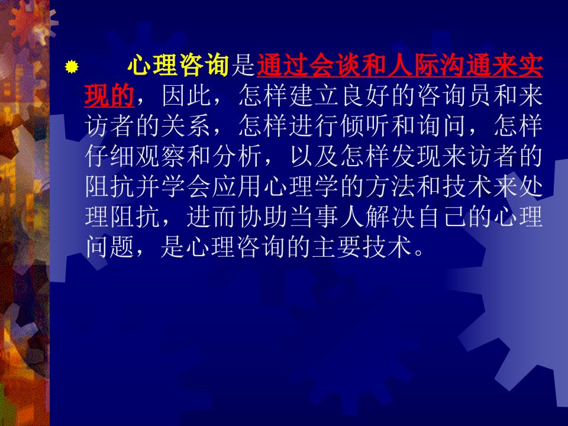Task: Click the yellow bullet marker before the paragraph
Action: coord(72,67)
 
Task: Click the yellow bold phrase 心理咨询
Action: coord(178,66)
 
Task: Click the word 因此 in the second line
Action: coord(187,96)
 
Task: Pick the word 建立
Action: coord(314,96)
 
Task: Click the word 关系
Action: coord(186,126)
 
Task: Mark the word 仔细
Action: coord(110,156)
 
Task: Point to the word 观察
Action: coord(161,156)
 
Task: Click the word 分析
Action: coord(237,156)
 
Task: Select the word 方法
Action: coord(390,187)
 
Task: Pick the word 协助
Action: coord(263,217)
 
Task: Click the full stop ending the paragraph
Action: coord(419,252)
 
